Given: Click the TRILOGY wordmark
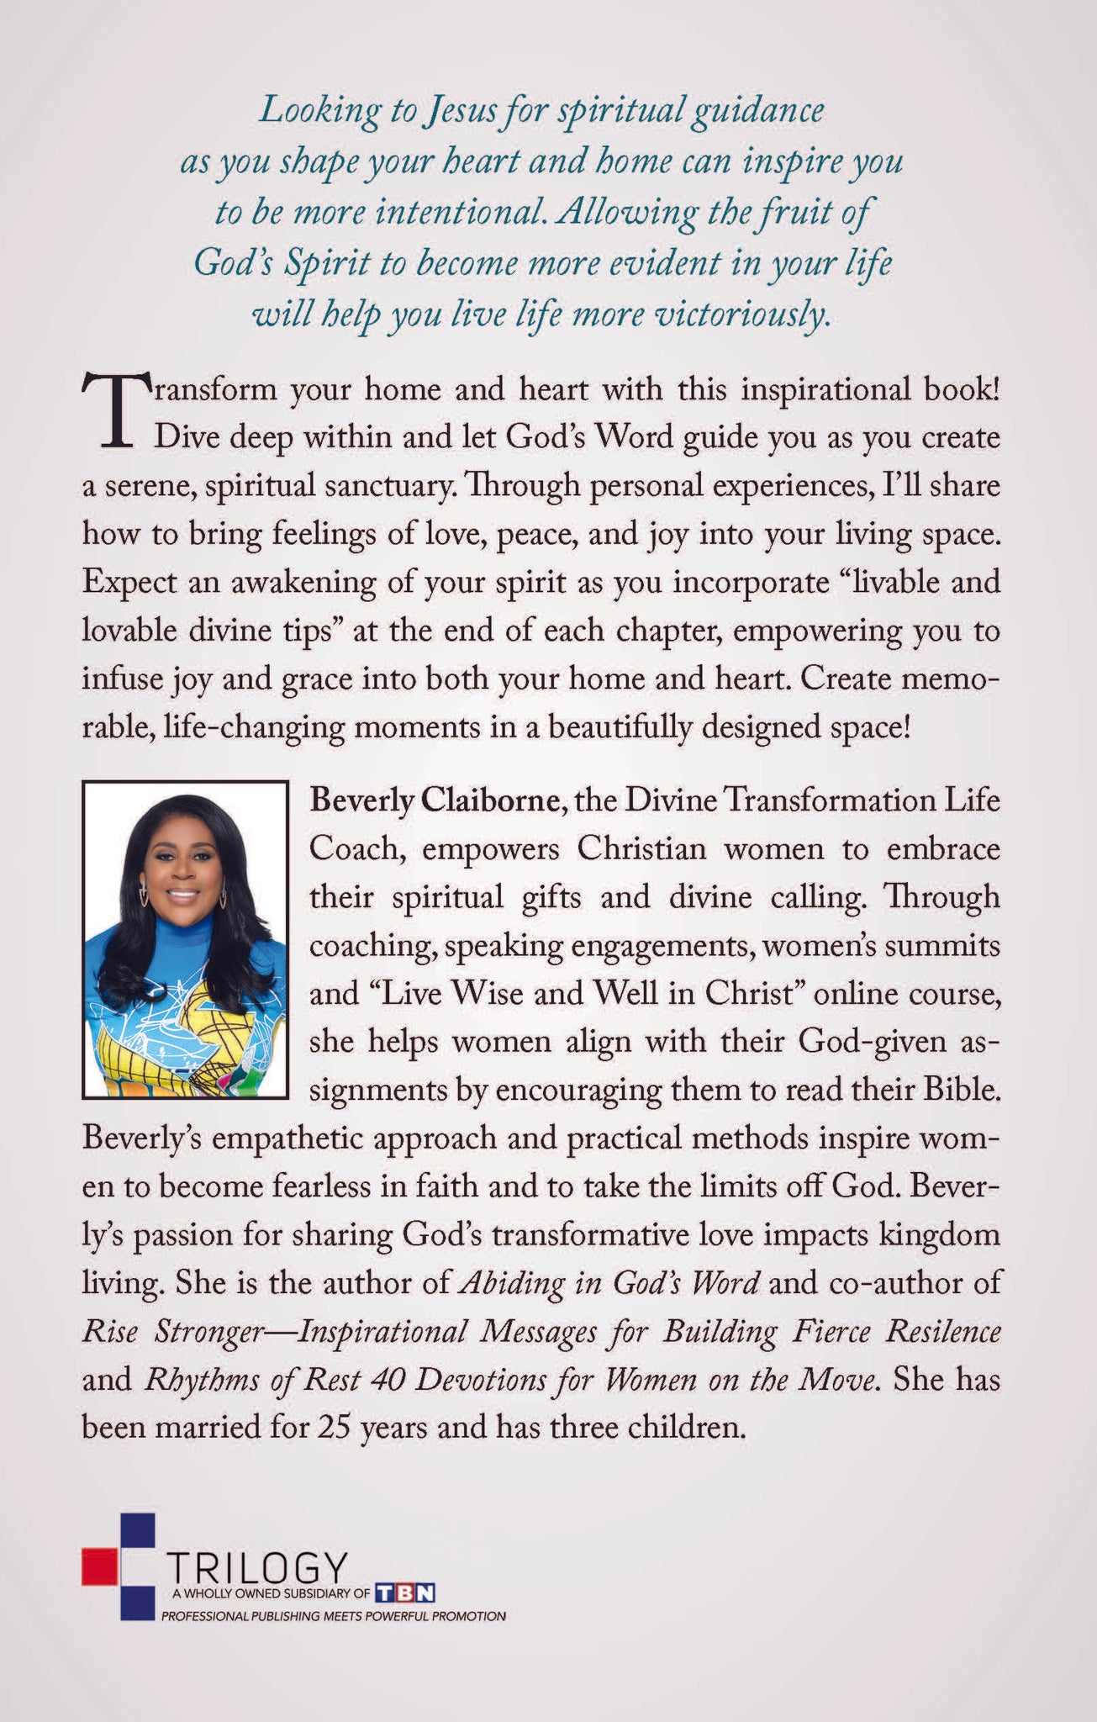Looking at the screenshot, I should coord(257,1567).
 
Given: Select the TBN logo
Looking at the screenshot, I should coord(405,1593).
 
